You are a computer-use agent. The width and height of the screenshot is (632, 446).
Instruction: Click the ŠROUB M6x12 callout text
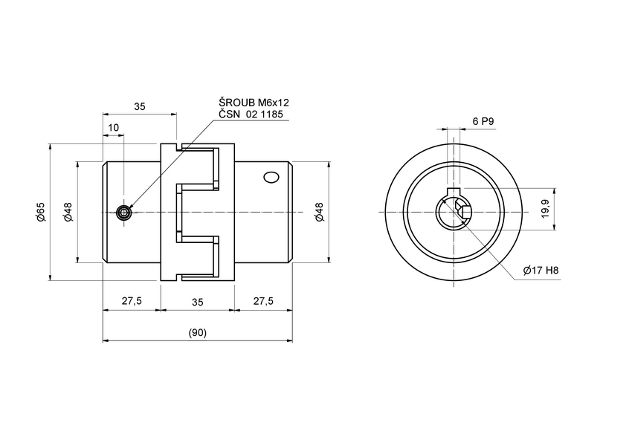tap(253, 101)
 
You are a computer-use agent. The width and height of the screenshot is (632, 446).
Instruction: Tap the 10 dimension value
tap(114, 128)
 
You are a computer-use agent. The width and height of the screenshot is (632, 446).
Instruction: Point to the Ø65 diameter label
tap(41, 212)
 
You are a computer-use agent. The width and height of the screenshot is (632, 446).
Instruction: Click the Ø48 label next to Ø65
tap(68, 212)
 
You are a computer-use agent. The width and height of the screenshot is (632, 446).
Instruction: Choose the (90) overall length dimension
tap(197, 332)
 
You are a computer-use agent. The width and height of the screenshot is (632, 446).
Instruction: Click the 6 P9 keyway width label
tap(483, 120)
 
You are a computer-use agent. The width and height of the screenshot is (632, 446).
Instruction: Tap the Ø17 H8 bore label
tap(541, 271)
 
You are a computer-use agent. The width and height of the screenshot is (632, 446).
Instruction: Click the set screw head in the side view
tap(124, 213)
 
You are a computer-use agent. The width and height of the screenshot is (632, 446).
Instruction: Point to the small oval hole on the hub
tap(271, 178)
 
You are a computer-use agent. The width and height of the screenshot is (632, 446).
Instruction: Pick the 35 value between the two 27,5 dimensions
tap(197, 301)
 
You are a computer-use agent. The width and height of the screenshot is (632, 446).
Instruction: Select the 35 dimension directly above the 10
tap(140, 106)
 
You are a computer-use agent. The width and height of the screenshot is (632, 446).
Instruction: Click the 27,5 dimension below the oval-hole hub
tap(262, 301)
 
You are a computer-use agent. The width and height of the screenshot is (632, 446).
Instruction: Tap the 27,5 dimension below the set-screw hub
tap(132, 301)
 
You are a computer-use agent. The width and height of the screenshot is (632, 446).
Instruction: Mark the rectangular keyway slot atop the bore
tap(453, 197)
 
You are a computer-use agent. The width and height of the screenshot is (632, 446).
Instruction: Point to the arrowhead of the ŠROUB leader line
tap(131, 207)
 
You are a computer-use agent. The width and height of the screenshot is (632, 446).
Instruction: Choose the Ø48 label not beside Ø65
tap(319, 212)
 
